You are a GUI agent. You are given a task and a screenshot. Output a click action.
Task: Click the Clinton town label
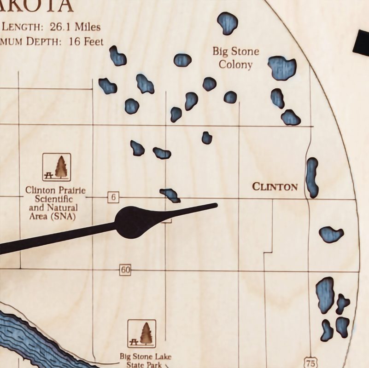tap(275, 187)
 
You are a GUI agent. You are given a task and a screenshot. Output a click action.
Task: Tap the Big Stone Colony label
tap(235, 58)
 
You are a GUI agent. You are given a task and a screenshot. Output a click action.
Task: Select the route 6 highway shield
tap(113, 197)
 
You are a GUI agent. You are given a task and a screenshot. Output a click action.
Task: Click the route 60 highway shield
tap(125, 270)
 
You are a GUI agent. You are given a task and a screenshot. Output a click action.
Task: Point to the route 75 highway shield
tap(311, 363)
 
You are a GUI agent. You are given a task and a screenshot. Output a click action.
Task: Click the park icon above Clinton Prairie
tap(57, 167)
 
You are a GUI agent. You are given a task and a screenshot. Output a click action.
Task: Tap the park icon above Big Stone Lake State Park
tap(141, 333)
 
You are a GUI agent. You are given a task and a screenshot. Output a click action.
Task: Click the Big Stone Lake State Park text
tap(141, 360)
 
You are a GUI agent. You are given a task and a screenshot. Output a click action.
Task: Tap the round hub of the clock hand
tap(131, 222)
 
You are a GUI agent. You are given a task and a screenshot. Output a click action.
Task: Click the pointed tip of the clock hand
tap(215, 205)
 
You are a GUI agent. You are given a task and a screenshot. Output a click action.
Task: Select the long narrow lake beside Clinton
tap(312, 178)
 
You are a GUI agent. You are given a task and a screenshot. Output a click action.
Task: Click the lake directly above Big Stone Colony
tap(228, 23)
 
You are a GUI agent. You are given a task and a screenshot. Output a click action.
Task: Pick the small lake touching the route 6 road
tap(170, 195)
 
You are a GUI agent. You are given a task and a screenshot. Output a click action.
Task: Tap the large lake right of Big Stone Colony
tap(282, 68)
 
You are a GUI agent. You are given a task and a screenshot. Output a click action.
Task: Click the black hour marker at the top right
tap(361, 41)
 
